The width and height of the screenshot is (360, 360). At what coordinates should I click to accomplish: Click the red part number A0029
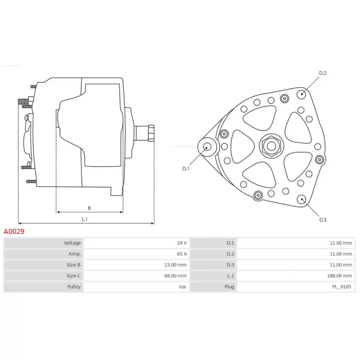click(x=14, y=231)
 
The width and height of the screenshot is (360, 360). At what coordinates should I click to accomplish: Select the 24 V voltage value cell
click(x=182, y=243)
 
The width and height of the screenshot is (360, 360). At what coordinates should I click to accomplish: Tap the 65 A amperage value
click(x=182, y=254)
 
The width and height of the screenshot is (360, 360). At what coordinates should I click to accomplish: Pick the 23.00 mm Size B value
click(x=175, y=265)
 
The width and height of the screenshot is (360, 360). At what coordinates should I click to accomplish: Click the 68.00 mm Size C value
click(x=175, y=276)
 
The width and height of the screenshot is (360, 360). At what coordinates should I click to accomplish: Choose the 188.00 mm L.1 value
click(x=339, y=276)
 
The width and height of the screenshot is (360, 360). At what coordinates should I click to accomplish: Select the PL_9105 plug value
click(x=342, y=287)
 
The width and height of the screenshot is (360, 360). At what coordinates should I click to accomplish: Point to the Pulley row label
click(x=74, y=287)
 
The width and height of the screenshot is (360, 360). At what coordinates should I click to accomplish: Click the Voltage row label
click(x=72, y=243)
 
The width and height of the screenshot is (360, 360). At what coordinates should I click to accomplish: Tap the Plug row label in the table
click(x=229, y=287)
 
